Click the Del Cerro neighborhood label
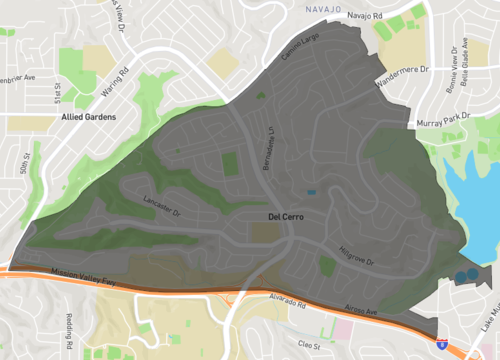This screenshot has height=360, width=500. coord(285,216)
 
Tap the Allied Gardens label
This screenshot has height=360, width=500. coord(89,117)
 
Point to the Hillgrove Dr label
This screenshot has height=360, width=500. coord(355,256)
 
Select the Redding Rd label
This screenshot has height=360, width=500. coord(70,330)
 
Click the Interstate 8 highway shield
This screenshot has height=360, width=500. coord(442,343)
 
